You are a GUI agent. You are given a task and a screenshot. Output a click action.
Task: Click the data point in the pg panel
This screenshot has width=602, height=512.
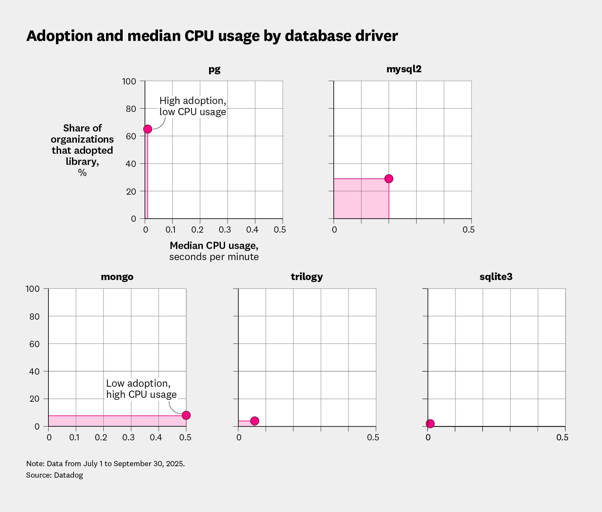148,129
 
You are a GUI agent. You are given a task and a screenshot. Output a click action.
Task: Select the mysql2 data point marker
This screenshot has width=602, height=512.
389,179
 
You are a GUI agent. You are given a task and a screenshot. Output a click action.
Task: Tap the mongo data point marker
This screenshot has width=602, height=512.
186,415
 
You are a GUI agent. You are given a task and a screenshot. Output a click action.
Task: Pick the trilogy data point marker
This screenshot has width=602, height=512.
255,421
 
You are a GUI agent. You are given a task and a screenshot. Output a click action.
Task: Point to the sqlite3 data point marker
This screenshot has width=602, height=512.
430,424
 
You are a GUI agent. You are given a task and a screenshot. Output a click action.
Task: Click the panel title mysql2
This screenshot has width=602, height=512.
404,69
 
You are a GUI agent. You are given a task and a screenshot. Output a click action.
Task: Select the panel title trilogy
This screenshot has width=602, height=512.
307,277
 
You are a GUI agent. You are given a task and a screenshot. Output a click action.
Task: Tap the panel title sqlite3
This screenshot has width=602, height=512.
496,277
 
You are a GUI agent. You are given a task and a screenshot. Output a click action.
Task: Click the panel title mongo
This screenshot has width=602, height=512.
117,277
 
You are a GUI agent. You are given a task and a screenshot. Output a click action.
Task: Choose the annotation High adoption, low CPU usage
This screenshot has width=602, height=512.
192,106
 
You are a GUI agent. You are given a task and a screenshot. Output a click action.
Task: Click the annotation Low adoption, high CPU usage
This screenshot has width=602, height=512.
141,389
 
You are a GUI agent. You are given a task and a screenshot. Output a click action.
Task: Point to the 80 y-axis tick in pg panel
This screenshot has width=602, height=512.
131,109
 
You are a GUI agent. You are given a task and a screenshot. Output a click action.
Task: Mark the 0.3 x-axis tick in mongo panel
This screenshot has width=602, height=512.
128,437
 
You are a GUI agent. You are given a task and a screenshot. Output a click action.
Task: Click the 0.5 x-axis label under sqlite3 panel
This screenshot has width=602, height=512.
562,437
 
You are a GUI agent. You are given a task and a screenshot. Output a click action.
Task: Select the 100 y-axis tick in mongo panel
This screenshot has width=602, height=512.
33,289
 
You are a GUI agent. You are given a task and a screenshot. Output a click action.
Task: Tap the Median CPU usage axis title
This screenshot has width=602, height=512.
214,246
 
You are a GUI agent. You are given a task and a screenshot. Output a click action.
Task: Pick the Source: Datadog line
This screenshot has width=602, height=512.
54,475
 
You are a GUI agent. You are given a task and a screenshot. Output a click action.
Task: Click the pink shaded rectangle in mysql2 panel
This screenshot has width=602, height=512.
361,199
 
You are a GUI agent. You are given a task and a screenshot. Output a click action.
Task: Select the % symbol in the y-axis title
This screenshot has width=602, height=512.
82,173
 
